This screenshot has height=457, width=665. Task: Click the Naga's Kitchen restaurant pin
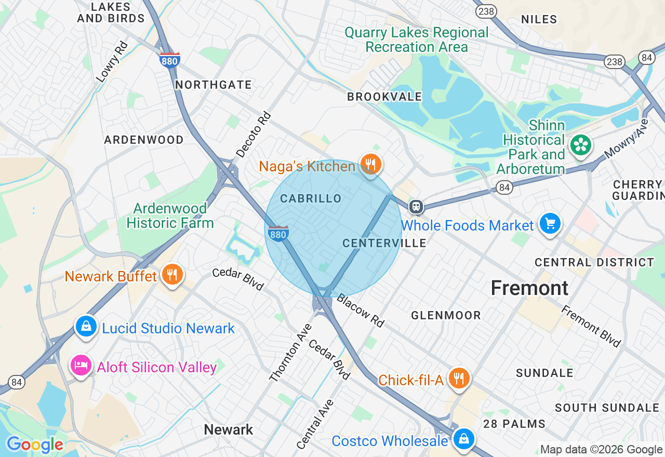point(370,164)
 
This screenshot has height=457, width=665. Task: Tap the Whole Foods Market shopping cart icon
point(550,224)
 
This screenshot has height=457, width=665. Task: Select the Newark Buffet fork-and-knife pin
point(172,274)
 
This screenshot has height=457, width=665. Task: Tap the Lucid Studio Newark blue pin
point(86,327)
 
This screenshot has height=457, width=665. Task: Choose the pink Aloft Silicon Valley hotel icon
point(81,366)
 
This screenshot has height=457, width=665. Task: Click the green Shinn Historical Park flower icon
point(580,145)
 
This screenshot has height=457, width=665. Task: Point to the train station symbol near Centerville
point(416,207)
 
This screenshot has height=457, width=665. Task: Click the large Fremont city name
point(529,288)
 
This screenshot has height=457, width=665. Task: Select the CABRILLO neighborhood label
point(311,198)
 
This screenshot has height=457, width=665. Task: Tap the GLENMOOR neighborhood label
point(446,315)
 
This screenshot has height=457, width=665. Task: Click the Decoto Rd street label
point(254,135)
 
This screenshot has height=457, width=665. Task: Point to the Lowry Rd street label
point(112,62)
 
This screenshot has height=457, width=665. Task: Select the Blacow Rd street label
point(360,311)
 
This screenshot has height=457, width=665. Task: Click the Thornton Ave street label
point(290,353)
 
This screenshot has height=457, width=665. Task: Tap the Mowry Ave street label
point(627,139)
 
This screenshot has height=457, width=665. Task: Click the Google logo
point(35,445)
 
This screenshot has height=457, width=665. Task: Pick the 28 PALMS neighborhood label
point(514,424)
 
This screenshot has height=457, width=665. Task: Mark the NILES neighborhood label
point(539,19)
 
